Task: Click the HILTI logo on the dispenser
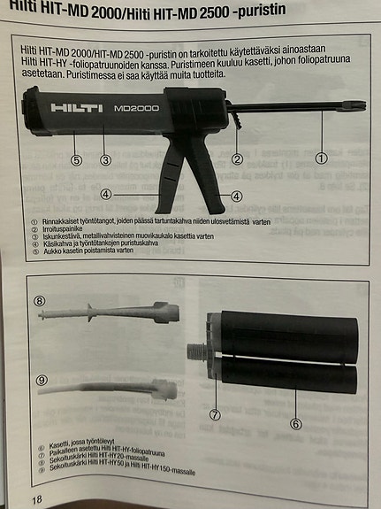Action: [x=77, y=108]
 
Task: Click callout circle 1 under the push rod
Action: [x=322, y=158]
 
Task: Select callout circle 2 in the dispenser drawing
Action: [x=237, y=159]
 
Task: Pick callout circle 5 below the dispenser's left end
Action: [x=77, y=160]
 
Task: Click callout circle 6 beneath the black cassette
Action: [x=296, y=423]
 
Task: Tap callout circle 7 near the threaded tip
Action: [x=215, y=413]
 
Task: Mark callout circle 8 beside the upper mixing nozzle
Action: [x=39, y=301]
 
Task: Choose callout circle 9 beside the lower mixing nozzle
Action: [x=41, y=380]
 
